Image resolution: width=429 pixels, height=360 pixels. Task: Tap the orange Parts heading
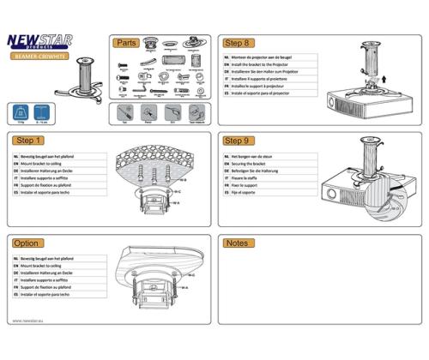click(128, 42)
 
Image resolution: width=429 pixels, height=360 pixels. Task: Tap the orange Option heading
click(28, 243)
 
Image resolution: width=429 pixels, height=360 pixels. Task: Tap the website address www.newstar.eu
click(28, 321)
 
